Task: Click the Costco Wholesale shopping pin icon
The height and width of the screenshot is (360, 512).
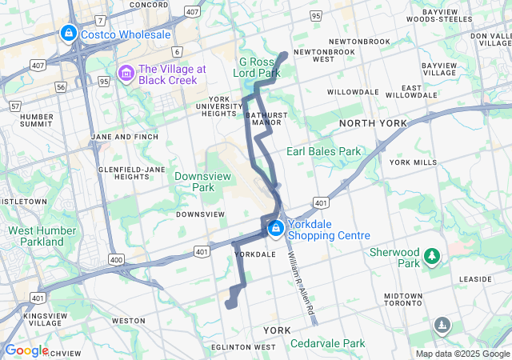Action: click(69, 34)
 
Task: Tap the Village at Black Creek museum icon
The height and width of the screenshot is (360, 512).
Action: click(126, 74)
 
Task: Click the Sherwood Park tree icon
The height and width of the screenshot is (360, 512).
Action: click(433, 256)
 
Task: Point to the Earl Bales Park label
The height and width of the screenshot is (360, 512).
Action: click(324, 151)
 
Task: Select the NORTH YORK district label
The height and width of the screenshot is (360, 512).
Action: click(372, 123)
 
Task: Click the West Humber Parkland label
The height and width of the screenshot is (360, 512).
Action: click(36, 236)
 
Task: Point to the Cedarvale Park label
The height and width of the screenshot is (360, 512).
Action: click(327, 343)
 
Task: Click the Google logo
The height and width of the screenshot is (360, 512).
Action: click(26, 350)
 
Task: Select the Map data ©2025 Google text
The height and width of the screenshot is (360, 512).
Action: click(462, 354)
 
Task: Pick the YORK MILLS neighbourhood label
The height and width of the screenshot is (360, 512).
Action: click(413, 162)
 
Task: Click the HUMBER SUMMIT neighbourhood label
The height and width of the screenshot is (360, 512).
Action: click(35, 120)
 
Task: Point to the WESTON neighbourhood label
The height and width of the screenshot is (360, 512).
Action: click(128, 320)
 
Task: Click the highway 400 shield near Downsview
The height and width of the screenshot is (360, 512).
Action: click(117, 259)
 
